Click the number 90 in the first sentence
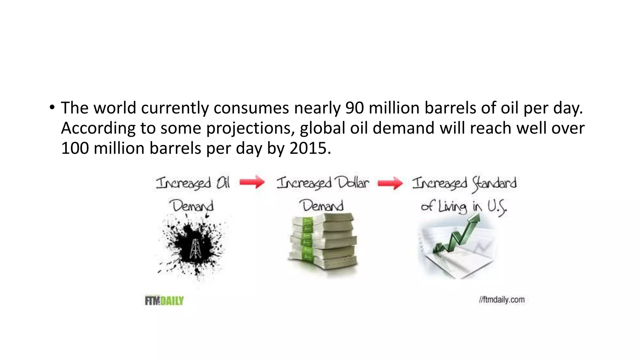coord(355,108)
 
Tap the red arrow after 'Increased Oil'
coord(252,182)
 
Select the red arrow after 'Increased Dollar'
coord(390,183)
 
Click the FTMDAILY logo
coord(164,301)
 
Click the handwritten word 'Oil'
coord(223,183)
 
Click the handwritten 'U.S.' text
coord(497,207)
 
